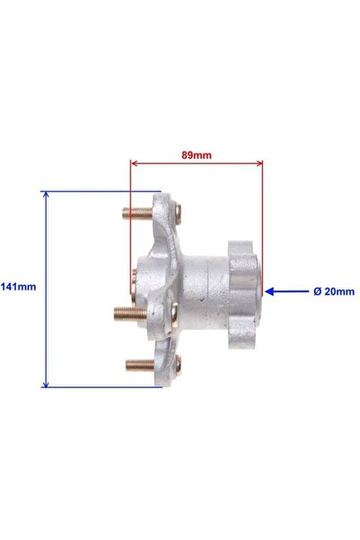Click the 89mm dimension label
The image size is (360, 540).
point(197,155)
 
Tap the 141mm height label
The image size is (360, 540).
point(18,287)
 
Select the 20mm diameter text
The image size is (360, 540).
point(339,292)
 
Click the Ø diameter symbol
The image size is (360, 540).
point(317,292)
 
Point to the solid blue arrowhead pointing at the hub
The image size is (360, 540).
point(269,292)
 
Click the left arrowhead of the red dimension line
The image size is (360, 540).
point(135,163)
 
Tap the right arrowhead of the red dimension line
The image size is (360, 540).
point(259,163)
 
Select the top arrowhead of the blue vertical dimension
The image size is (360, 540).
point(46,195)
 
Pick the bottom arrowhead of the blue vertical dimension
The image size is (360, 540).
point(46,384)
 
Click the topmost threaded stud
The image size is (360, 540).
point(137,214)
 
